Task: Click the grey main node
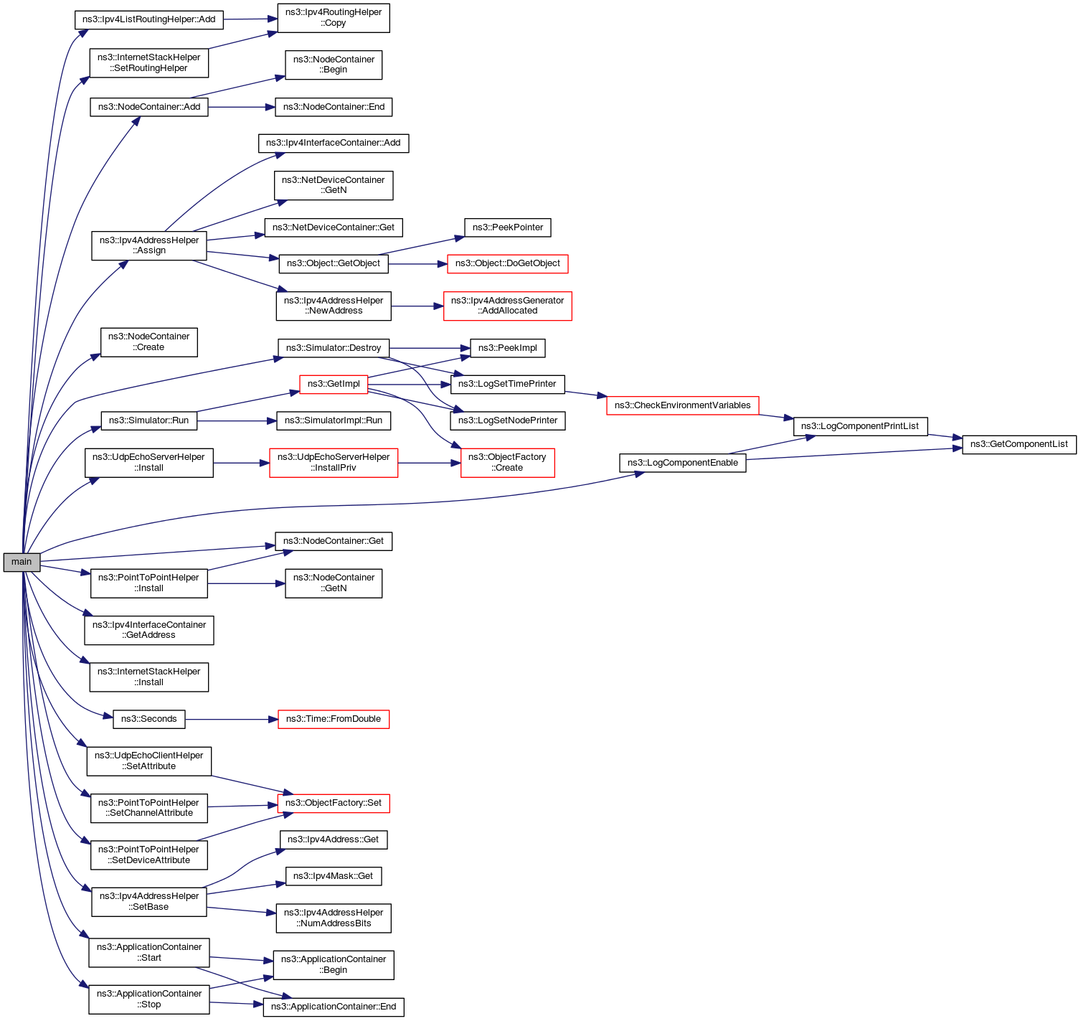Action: [x=22, y=562]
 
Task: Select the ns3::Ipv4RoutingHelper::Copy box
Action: [x=334, y=18]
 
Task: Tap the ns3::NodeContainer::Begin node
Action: [x=334, y=65]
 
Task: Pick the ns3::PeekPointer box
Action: [x=507, y=227]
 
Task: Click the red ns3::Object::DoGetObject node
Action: [x=507, y=263]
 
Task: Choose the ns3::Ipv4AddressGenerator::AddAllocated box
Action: [x=507, y=306]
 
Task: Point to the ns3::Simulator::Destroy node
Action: [x=334, y=348]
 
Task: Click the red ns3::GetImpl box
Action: [x=334, y=384]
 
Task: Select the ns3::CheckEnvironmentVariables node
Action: [x=682, y=405]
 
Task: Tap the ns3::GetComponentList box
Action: [x=1019, y=444]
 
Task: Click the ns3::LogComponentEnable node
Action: [x=682, y=463]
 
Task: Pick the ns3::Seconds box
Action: [x=148, y=719]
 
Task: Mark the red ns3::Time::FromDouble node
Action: [x=334, y=719]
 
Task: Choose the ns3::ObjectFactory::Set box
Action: [x=334, y=803]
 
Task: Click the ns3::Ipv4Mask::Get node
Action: [x=334, y=876]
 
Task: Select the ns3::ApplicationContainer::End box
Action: [x=334, y=1007]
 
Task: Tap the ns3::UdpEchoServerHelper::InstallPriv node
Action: [x=334, y=463]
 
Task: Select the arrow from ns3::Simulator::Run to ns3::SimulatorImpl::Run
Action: [x=237, y=420]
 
